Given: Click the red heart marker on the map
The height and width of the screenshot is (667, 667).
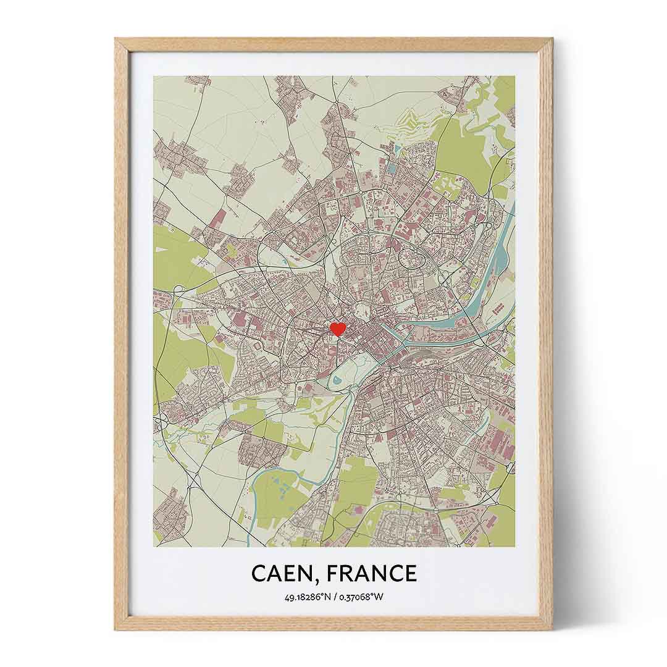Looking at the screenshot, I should pyautogui.click(x=337, y=329).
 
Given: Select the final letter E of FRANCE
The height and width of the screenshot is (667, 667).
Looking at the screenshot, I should pyautogui.click(x=410, y=574).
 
